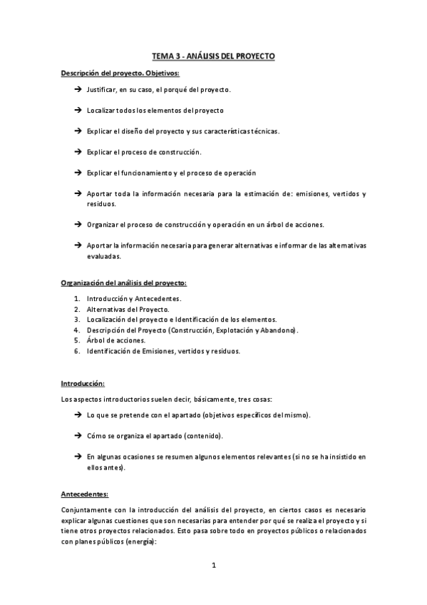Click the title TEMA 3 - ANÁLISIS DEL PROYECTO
point(213,55)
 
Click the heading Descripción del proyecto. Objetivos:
point(120,73)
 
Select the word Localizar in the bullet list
point(102,111)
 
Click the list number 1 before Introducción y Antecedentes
point(76,298)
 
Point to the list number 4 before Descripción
point(76,330)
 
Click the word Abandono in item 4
point(278,330)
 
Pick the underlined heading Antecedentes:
point(85,493)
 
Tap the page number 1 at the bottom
point(213,566)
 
